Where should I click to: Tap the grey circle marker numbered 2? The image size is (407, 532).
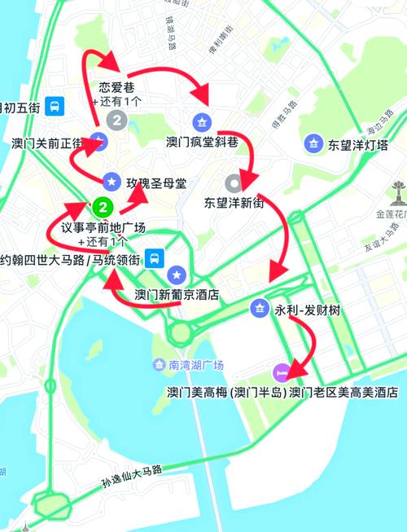[x=119, y=122]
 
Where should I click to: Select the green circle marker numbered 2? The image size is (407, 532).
[x=103, y=204]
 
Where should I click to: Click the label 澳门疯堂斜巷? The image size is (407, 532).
[x=201, y=140]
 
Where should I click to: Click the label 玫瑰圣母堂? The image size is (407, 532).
[x=155, y=182]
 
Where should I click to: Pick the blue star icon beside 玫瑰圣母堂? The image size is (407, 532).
[x=112, y=180]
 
